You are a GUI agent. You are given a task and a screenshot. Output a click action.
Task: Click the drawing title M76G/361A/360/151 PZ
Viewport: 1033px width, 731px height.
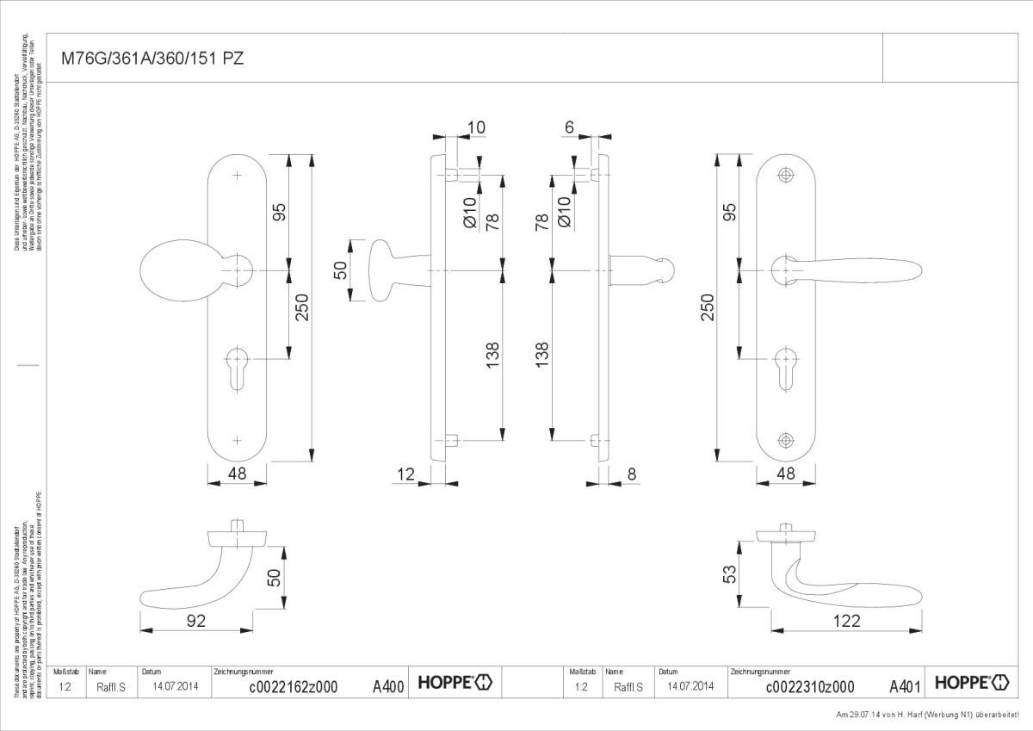click(152, 59)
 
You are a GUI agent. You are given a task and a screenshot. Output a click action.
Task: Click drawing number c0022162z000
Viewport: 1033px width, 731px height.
click(293, 686)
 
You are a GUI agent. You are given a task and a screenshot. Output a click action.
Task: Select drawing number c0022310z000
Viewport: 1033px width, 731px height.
click(809, 686)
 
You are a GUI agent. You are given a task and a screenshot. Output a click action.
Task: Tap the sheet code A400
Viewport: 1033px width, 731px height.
click(388, 686)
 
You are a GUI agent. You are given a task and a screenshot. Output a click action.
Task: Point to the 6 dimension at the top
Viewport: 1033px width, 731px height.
click(569, 127)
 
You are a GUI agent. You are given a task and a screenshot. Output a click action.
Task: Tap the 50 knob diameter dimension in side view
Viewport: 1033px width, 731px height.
click(340, 271)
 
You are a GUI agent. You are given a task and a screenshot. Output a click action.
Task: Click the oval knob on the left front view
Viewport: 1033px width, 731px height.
click(178, 269)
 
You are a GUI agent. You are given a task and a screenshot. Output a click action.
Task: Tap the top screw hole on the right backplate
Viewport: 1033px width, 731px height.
click(785, 176)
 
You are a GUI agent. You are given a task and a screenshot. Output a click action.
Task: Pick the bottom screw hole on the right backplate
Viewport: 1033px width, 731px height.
click(785, 440)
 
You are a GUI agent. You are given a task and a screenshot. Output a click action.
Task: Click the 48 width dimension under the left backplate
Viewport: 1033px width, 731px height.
click(238, 473)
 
